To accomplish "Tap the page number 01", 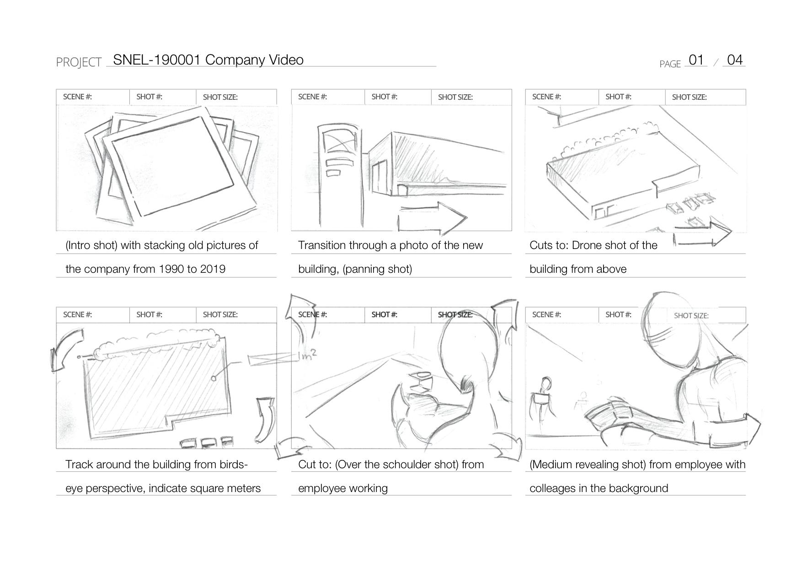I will [696, 60].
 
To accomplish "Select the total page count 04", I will [735, 60].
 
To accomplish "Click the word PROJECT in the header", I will [79, 62].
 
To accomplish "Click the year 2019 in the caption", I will [213, 269].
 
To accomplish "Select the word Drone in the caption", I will [587, 245].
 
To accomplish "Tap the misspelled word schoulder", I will [407, 465].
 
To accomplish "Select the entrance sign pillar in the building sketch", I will [340, 174].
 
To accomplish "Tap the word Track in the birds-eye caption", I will [79, 465].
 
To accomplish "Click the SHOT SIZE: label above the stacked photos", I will [220, 97].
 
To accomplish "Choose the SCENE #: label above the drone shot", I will [546, 97].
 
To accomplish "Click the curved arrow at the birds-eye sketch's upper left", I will [66, 350].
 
